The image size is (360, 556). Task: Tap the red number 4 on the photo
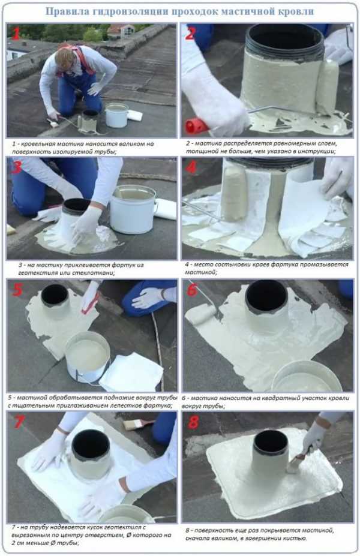pyautogui.click(x=191, y=167)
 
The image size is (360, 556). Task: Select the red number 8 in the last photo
pyautogui.click(x=193, y=422)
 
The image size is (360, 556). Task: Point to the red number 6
pyautogui.click(x=192, y=289)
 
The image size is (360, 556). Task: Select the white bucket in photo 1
pyautogui.click(x=116, y=115)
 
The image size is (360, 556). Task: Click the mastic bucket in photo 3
pyautogui.click(x=133, y=209)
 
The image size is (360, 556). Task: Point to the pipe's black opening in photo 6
pyautogui.click(x=266, y=296)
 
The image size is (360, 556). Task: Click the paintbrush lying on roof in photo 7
pyautogui.click(x=139, y=423)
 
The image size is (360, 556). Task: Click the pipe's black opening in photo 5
pyautogui.click(x=55, y=295)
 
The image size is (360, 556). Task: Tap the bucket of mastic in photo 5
pyautogui.click(x=87, y=356)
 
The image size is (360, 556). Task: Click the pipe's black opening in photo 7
pyautogui.click(x=91, y=445)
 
